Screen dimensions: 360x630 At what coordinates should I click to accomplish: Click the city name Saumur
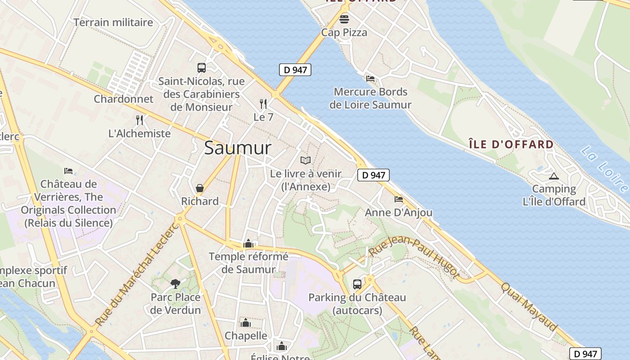[238, 148]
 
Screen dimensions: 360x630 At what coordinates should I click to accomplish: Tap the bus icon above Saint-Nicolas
[202, 68]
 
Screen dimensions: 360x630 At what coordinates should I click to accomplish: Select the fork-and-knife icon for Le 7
[263, 104]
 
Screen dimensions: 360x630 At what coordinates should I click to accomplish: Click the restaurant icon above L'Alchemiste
[139, 120]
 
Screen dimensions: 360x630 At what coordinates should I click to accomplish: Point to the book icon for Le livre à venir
[306, 160]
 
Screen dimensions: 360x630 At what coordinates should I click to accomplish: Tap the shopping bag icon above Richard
[199, 188]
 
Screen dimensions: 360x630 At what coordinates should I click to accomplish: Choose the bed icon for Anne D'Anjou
[398, 199]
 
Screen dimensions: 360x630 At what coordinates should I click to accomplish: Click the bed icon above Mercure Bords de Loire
[370, 79]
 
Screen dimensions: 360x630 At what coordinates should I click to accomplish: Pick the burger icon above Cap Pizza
[344, 19]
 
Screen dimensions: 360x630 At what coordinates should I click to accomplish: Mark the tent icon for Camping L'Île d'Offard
[553, 176]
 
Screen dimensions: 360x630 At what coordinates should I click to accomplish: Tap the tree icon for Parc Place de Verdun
[175, 283]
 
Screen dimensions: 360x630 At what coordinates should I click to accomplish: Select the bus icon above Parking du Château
[357, 284]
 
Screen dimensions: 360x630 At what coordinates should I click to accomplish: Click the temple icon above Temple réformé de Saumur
[248, 243]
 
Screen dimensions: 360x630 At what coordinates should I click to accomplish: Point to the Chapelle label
[246, 336]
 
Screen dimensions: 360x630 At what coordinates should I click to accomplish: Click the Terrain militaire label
[113, 22]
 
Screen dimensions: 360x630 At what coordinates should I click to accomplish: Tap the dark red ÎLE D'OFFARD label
[511, 144]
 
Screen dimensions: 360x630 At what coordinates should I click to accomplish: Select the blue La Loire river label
[605, 168]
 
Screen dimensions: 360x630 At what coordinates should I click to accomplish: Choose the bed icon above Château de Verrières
[68, 171]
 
